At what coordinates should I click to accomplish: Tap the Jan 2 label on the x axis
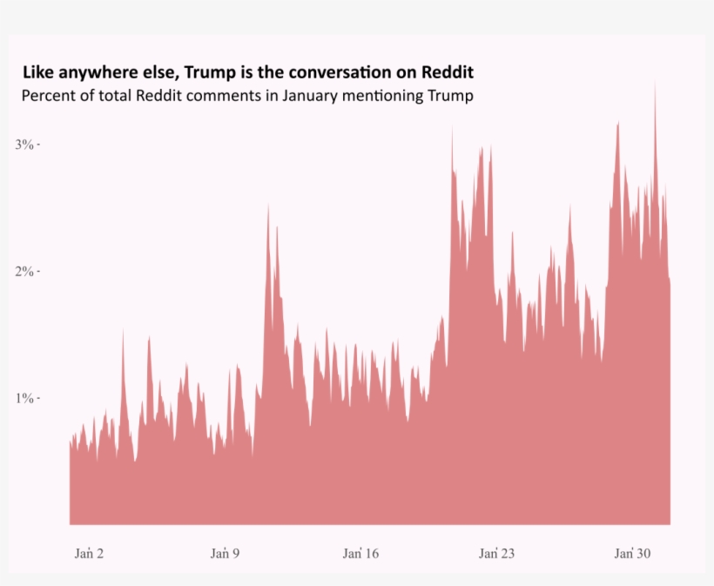click(89, 554)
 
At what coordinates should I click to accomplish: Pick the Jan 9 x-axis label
click(225, 554)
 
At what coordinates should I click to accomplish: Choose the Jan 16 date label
click(360, 554)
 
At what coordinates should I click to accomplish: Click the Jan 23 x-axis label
click(496, 554)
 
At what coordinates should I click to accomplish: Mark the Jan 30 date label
click(632, 554)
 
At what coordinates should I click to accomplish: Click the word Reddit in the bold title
click(447, 71)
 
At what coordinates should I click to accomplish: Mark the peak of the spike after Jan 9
click(268, 207)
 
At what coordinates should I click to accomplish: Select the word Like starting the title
click(37, 71)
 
